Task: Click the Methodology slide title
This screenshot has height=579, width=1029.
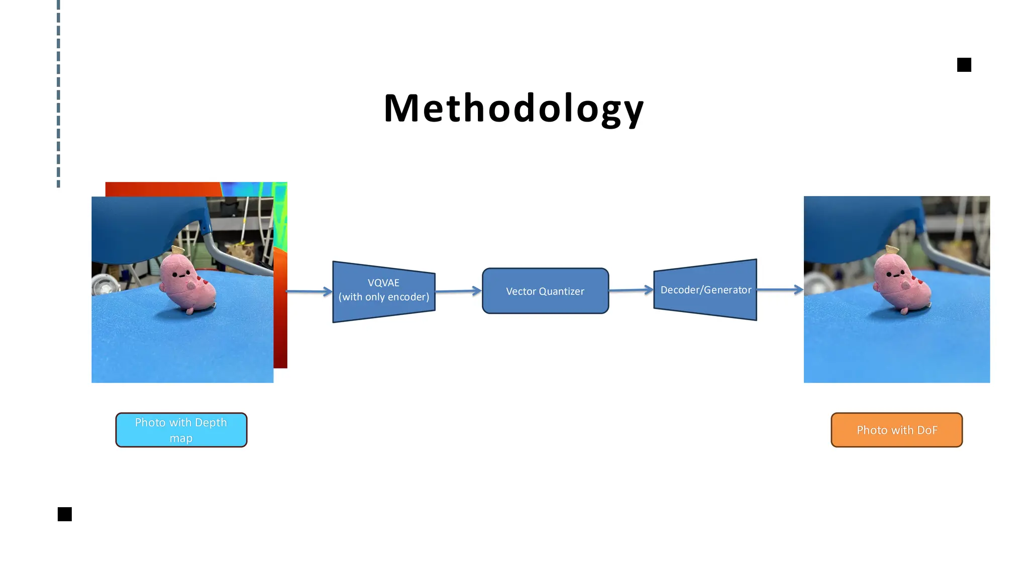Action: pyautogui.click(x=513, y=108)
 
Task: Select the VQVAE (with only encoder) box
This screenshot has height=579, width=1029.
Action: pyautogui.click(x=384, y=292)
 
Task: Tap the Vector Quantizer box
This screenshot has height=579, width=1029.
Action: pyautogui.click(x=545, y=292)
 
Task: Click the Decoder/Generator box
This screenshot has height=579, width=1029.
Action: pyautogui.click(x=705, y=290)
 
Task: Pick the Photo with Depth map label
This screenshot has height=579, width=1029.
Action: pyautogui.click(x=181, y=430)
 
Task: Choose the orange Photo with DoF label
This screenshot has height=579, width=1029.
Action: pyautogui.click(x=896, y=430)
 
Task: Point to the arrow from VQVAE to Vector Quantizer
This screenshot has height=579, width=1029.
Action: pyautogui.click(x=458, y=291)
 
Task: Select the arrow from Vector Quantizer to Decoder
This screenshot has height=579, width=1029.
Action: pyautogui.click(x=631, y=290)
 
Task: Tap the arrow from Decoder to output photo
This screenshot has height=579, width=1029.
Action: pyautogui.click(x=779, y=289)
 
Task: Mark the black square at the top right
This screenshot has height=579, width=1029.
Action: pyautogui.click(x=964, y=65)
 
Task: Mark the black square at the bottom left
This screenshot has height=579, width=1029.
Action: pyautogui.click(x=65, y=514)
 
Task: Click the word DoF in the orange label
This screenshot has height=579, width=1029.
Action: pyautogui.click(x=927, y=430)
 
